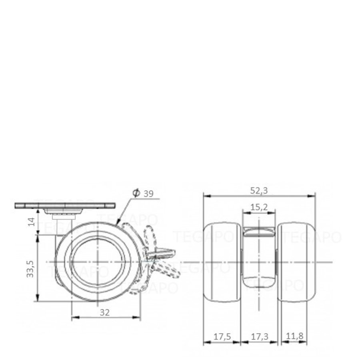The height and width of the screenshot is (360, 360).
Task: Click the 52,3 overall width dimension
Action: click(259, 191)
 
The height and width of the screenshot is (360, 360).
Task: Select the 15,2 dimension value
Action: click(259, 207)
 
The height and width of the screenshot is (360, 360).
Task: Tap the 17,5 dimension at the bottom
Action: click(221, 337)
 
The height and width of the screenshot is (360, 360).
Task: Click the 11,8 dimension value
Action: click(294, 337)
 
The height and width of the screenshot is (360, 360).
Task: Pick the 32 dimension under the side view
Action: click(105, 312)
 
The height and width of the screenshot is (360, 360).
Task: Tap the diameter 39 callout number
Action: click(148, 194)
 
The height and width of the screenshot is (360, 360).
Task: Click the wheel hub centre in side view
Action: click(97, 262)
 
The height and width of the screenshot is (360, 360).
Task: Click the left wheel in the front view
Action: click(222, 262)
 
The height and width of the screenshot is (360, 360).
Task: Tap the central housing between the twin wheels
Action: click(259, 260)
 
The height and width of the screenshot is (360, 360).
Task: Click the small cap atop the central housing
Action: click(259, 232)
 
